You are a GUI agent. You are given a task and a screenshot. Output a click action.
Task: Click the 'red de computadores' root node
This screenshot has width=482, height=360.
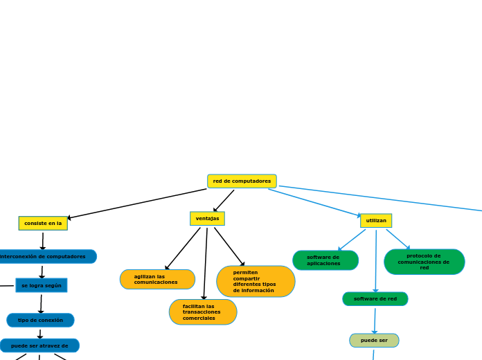(242, 181)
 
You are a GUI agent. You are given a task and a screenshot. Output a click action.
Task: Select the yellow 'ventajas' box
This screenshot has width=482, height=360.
(207, 219)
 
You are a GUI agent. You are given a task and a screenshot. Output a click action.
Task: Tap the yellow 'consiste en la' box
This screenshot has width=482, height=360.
(43, 223)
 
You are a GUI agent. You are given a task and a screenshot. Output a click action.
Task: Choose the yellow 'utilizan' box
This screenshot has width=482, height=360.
(376, 220)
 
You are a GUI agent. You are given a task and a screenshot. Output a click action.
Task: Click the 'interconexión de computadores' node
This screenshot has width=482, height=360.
(44, 257)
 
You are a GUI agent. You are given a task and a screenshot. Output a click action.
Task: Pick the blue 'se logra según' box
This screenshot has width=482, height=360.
(42, 285)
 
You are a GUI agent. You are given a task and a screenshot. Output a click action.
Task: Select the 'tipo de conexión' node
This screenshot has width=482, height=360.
(40, 320)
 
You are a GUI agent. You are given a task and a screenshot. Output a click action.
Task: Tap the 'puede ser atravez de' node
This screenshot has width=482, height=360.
(39, 345)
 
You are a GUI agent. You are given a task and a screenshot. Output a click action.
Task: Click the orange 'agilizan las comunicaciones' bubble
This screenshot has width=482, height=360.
(157, 280)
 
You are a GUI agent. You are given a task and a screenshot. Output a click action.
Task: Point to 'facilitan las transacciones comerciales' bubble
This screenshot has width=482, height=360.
(203, 312)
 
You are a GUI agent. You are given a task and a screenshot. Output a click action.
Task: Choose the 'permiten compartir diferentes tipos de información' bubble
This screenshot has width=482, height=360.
(256, 281)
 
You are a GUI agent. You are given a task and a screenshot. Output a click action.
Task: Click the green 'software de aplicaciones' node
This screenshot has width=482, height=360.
(325, 260)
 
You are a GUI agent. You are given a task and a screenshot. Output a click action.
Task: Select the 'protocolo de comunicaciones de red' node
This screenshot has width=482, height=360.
(424, 262)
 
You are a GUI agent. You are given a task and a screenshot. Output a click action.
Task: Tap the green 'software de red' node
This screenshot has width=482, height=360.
(375, 299)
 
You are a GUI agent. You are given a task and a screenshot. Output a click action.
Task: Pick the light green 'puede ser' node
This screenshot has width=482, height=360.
(374, 341)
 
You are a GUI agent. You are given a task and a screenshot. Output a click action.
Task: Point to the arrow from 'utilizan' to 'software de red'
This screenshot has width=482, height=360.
(376, 260)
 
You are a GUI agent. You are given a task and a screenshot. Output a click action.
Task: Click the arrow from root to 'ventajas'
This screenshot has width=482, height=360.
(224, 201)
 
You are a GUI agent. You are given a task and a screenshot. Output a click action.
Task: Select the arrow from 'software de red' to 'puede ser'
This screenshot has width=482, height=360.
(375, 320)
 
